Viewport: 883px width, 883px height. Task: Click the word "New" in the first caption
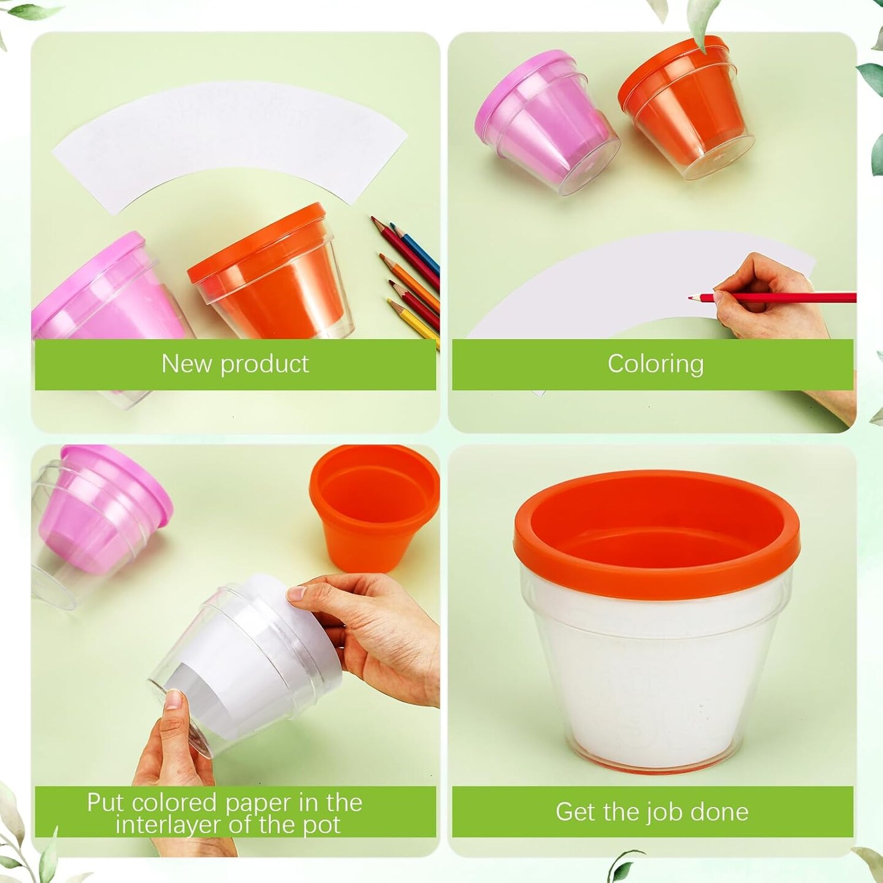click(x=186, y=364)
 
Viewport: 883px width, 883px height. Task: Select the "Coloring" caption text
click(x=656, y=365)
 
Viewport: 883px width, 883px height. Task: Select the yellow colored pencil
click(x=413, y=323)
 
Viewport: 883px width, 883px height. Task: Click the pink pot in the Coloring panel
click(x=548, y=121)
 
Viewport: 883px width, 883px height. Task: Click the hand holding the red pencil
click(x=774, y=293)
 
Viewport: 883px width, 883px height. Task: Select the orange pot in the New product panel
click(x=270, y=273)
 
